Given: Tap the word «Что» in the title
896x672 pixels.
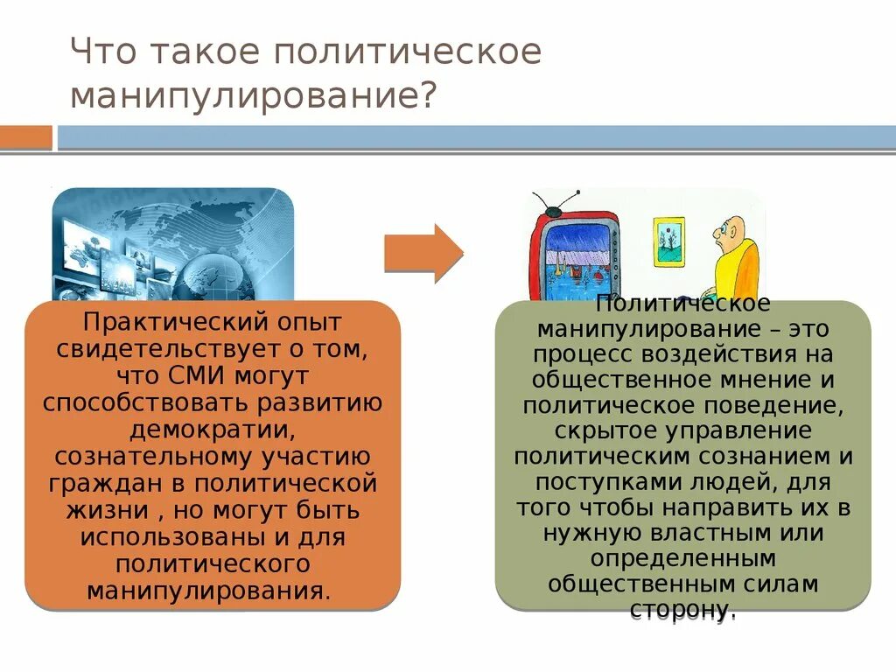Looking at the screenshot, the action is [102, 51].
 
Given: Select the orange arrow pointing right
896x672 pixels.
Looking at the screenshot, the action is [423, 253].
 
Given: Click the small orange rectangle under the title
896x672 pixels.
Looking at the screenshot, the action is [25, 137].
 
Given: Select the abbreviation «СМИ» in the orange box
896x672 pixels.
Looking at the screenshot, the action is [193, 377].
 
